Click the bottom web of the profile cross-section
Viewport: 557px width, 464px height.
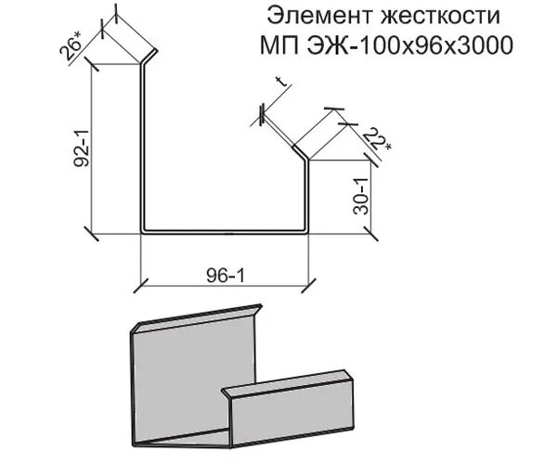coord(223,229)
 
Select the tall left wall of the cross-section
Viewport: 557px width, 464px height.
coord(142,148)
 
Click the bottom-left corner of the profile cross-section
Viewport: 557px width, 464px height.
coord(143,229)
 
